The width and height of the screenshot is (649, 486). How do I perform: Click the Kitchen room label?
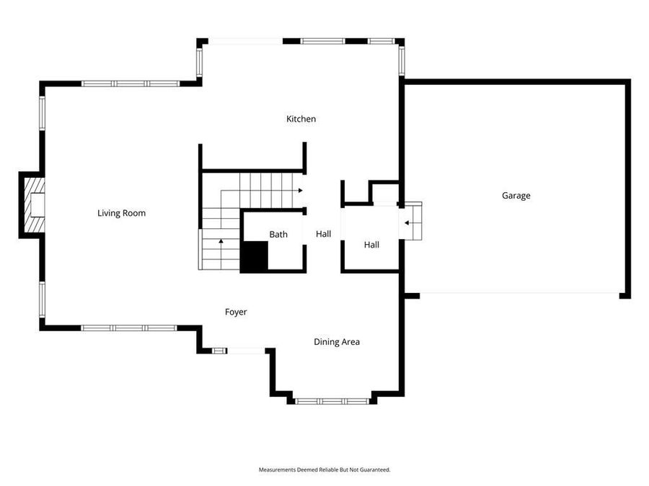[x=301, y=119]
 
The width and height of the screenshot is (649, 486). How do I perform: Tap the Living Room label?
[x=121, y=213]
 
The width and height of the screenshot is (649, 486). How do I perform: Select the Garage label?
[x=516, y=195]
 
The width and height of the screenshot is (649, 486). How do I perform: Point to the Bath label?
[x=278, y=234]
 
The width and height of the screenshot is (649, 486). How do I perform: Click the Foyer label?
[x=236, y=312]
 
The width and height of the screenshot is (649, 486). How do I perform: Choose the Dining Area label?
[x=336, y=342]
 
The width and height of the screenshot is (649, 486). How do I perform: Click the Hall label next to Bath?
[x=323, y=234]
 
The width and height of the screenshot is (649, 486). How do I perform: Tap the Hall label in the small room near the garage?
[x=371, y=245]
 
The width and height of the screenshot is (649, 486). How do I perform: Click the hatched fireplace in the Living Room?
[x=33, y=204]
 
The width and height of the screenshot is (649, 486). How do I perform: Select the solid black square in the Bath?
[x=254, y=256]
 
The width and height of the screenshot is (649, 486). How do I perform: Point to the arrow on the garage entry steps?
[x=409, y=222]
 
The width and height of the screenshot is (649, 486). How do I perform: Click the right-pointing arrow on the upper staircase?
[x=298, y=191]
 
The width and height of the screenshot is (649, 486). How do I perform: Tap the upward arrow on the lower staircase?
[x=221, y=240]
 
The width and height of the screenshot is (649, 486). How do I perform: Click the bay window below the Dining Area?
[x=332, y=400]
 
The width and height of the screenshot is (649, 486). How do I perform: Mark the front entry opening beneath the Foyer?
[x=245, y=351]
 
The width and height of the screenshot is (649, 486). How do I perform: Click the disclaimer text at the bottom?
[x=324, y=469]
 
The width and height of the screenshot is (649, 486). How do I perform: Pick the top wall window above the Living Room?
[x=130, y=84]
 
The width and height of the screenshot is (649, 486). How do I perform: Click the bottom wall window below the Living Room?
[x=128, y=328]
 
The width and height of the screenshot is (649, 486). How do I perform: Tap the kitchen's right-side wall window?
[x=402, y=59]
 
